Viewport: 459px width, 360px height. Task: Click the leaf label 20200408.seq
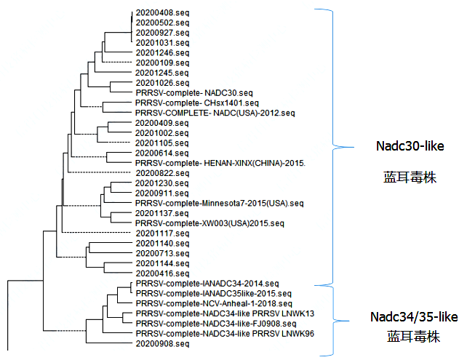tap(162, 13)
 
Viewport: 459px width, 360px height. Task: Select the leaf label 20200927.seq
tap(162, 33)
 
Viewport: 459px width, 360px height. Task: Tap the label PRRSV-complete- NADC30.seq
tap(194, 93)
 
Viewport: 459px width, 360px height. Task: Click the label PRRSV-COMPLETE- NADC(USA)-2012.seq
tap(215, 113)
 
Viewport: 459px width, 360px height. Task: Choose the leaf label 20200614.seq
tap(162, 153)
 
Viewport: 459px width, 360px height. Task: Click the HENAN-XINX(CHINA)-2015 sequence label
tap(220, 163)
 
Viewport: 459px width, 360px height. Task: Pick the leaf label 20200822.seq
tap(162, 173)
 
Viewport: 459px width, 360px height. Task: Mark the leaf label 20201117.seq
tap(162, 233)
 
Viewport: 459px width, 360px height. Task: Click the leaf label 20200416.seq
tap(162, 273)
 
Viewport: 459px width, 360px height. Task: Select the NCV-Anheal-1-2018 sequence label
tap(214, 303)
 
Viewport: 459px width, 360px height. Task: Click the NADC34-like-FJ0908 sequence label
tap(216, 323)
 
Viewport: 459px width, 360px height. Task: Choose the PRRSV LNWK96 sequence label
tap(225, 333)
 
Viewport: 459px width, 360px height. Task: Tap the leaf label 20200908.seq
tap(162, 343)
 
